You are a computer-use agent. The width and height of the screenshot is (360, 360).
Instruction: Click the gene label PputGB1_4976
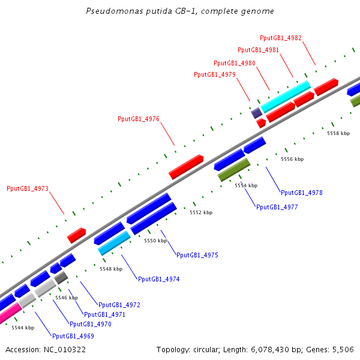point(139,119)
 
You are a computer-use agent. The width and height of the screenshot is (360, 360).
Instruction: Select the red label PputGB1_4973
point(28,188)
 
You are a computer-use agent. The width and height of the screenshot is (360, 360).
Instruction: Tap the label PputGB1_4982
point(281,38)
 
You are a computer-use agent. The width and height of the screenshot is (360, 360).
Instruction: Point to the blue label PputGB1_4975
point(197,255)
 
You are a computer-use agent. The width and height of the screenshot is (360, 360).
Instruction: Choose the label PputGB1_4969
point(73,336)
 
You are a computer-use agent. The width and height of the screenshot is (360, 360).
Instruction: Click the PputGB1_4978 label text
point(302,193)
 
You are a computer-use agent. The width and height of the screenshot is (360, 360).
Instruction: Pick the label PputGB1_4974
point(158,279)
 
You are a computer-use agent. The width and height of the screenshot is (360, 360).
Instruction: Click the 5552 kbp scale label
point(201,212)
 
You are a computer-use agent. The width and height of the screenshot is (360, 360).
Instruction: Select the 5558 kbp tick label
point(338,133)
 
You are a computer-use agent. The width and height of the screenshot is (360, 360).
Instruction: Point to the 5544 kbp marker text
point(23,328)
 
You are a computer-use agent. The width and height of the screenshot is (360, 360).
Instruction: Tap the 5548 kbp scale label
point(111,269)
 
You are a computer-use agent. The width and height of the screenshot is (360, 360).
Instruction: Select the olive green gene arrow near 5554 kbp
point(234,170)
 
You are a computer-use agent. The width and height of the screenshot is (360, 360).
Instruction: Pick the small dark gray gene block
point(61,278)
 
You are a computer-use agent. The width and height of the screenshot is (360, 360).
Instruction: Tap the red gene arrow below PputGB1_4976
point(186,167)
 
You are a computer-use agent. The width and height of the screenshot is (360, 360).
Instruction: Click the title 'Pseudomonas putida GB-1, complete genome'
point(180,11)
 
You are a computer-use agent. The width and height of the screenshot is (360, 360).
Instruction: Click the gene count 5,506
point(343,349)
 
